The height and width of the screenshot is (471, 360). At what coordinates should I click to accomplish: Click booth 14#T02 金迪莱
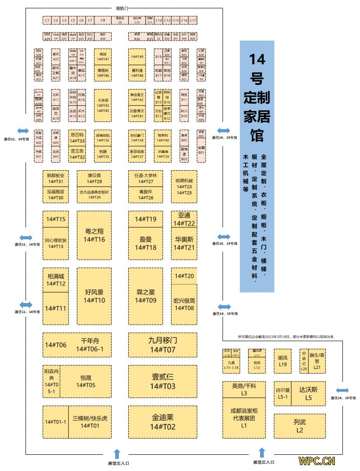click(x=163, y=422)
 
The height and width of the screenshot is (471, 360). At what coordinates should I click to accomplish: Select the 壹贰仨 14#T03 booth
click(x=163, y=381)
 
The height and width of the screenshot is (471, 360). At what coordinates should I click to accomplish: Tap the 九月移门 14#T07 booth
click(x=163, y=345)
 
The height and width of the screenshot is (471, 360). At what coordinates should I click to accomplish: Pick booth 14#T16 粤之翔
click(x=94, y=235)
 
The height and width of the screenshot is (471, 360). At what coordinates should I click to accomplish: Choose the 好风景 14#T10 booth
click(x=94, y=296)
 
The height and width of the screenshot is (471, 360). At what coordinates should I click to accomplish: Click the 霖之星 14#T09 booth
click(x=146, y=296)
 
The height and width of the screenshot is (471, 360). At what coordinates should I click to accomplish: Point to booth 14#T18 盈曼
click(x=146, y=243)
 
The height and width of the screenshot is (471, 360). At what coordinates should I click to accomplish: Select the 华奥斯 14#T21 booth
click(x=184, y=243)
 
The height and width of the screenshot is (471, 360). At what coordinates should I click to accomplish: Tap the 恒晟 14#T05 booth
click(x=85, y=381)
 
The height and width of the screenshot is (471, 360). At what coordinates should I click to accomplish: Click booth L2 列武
click(x=300, y=426)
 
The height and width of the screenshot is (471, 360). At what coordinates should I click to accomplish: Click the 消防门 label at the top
click(x=122, y=9)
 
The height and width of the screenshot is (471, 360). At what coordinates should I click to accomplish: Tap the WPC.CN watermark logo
click(x=317, y=461)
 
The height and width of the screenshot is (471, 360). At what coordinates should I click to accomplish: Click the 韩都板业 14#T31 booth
click(x=55, y=178)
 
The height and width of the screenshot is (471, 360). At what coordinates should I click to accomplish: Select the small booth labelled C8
click(x=103, y=20)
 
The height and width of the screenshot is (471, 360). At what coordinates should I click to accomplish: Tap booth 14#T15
click(x=56, y=219)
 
